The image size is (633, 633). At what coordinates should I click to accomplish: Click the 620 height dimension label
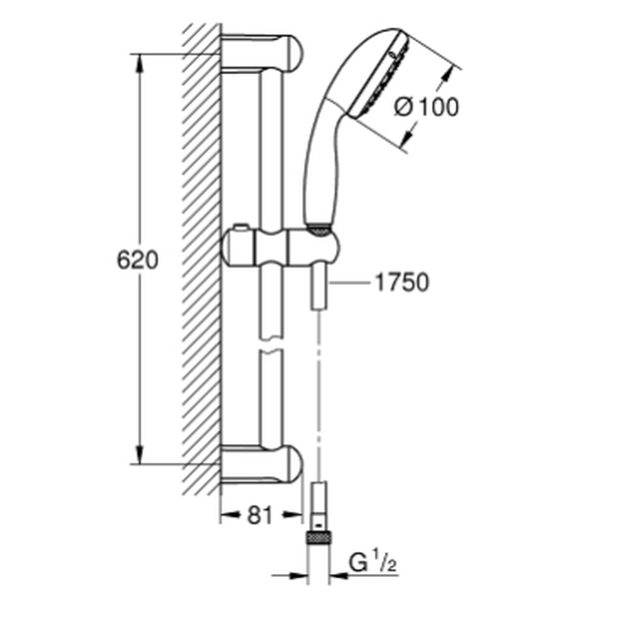coord(137,260)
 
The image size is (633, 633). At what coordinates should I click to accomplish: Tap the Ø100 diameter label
coord(427,107)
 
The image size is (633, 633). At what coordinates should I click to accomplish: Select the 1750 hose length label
coord(402,282)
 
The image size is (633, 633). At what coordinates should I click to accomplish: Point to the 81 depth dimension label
coord(260,515)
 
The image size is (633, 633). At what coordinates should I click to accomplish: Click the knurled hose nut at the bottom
coord(318,538)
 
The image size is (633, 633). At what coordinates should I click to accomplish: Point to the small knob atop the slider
coord(241,227)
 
